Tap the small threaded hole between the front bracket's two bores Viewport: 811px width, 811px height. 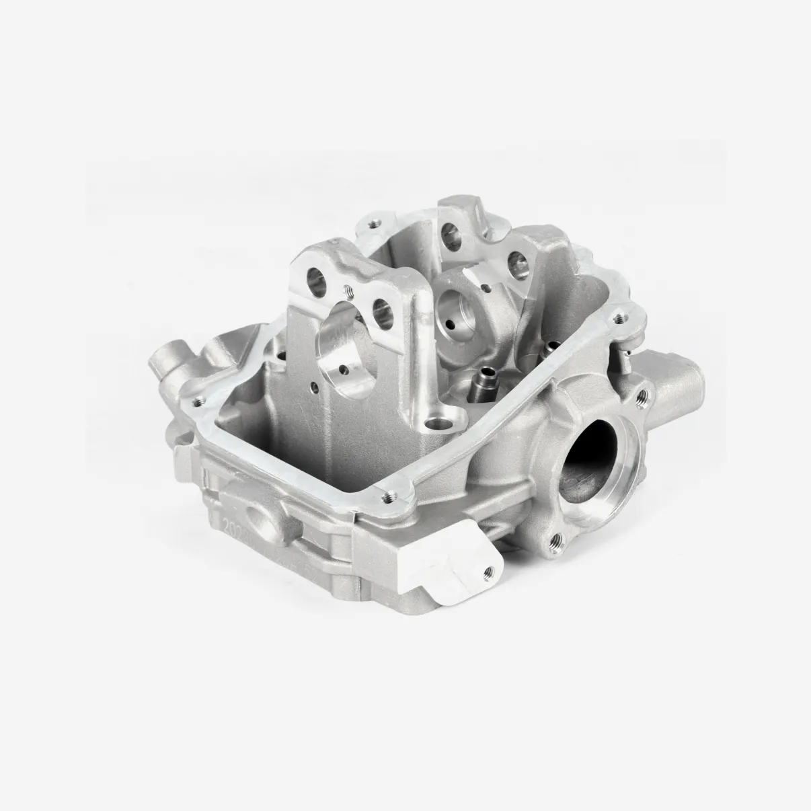(349, 291)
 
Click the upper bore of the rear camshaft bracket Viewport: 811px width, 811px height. (449, 235)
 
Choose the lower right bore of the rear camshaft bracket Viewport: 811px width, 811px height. (516, 261)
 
